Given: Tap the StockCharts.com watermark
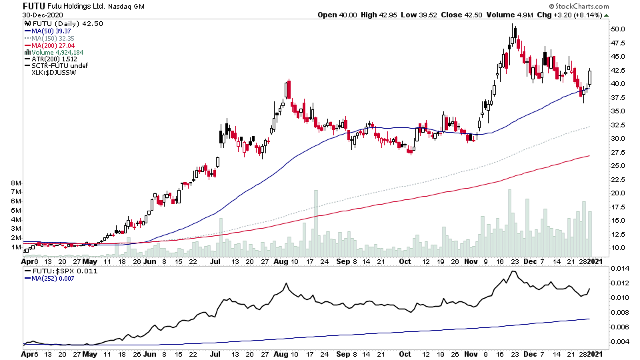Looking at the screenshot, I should point(587,6).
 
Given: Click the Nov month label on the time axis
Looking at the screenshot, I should point(471,261).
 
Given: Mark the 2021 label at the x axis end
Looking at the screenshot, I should point(598,261).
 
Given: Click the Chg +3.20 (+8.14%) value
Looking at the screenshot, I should point(588,15).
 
